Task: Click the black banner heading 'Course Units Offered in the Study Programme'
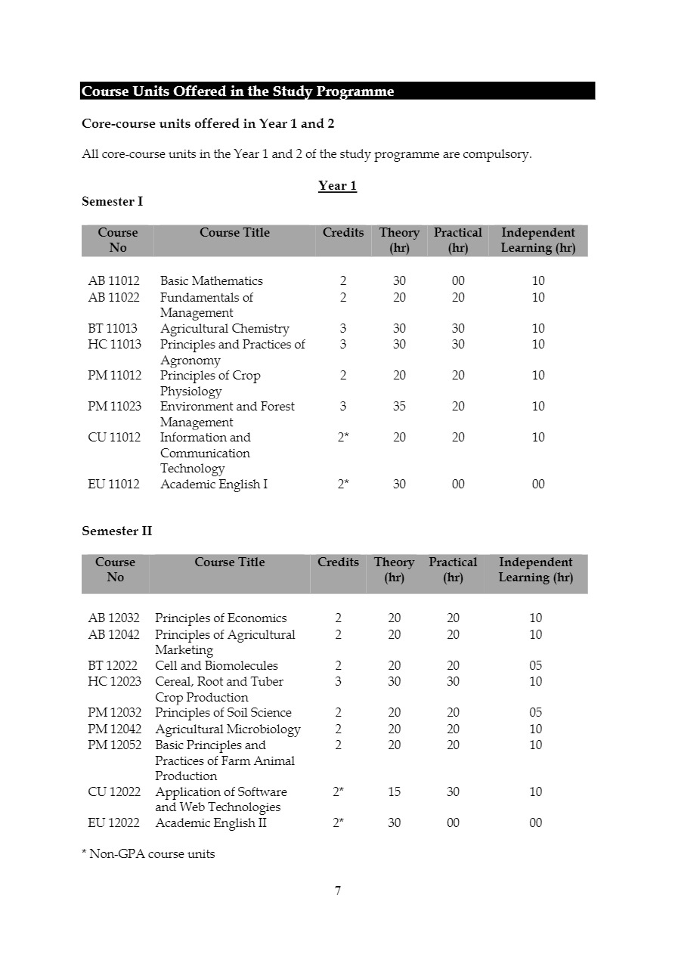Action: (x=238, y=91)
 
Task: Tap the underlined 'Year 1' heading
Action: (x=337, y=186)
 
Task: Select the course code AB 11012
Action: (x=114, y=281)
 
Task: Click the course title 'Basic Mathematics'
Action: (x=212, y=281)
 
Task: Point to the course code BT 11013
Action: (x=114, y=329)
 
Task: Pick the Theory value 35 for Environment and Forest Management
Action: (x=399, y=407)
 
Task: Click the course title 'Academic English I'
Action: (x=214, y=485)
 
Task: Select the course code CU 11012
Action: (x=114, y=438)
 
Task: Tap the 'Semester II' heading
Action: (x=117, y=531)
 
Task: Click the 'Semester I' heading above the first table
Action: (x=113, y=202)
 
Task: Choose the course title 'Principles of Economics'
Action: (x=221, y=618)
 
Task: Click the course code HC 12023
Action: (x=114, y=682)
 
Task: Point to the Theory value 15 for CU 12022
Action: (x=395, y=792)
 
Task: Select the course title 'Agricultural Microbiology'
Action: (x=228, y=729)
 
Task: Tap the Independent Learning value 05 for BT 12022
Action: (x=536, y=666)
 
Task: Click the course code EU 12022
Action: (x=114, y=823)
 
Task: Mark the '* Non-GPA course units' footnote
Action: (x=148, y=854)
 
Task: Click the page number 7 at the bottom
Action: (x=338, y=891)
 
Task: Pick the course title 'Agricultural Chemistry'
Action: (x=224, y=329)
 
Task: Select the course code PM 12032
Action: (x=114, y=713)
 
